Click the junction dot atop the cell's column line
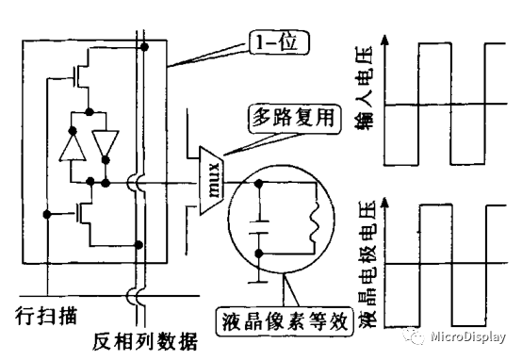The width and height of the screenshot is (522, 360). [143, 46]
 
